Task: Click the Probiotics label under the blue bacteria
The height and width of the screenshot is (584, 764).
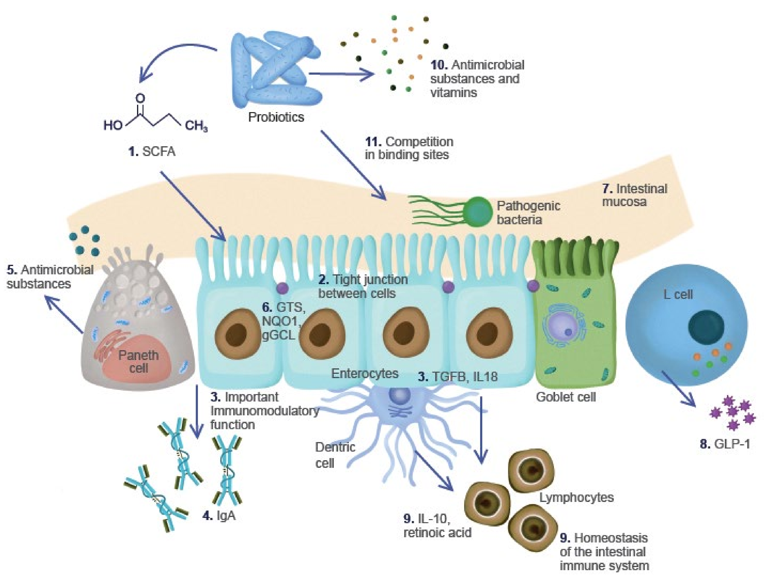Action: click(x=276, y=117)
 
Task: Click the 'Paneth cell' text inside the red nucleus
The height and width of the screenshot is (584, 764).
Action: click(x=138, y=361)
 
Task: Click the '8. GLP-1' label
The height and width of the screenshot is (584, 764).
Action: click(x=725, y=444)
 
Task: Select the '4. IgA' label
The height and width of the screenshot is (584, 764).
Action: click(x=219, y=516)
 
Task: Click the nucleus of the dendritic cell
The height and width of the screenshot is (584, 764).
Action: click(x=400, y=395)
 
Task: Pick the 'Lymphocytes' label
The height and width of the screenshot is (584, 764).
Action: click(x=576, y=497)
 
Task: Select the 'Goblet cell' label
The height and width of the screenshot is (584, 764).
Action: click(x=566, y=397)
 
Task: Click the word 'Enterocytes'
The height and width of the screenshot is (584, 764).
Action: click(x=365, y=373)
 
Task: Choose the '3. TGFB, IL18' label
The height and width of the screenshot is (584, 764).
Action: click(x=457, y=376)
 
